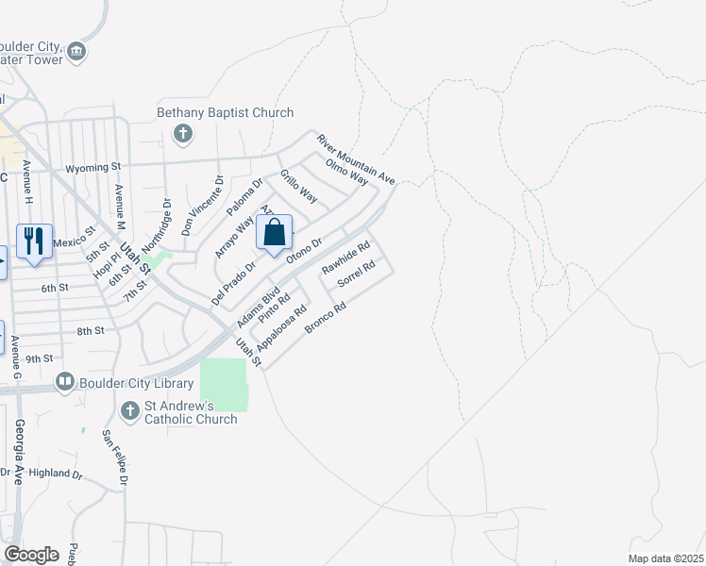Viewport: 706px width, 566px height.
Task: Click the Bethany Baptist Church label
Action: click(x=226, y=113)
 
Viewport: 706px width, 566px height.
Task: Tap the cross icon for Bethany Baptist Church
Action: click(x=183, y=135)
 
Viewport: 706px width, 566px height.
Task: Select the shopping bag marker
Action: click(x=274, y=232)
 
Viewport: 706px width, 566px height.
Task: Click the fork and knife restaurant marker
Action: click(x=34, y=241)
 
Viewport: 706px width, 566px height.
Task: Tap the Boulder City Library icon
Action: click(x=65, y=382)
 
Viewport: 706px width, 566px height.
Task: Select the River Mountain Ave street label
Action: click(x=355, y=158)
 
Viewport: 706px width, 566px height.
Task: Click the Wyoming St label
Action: click(x=93, y=168)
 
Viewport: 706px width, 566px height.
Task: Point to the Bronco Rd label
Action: click(x=327, y=318)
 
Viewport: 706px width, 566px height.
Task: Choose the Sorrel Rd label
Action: click(x=357, y=273)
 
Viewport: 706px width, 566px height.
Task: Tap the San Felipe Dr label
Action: click(x=114, y=458)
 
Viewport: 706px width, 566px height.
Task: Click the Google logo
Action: click(x=31, y=554)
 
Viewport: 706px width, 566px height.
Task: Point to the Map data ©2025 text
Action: click(x=664, y=558)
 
